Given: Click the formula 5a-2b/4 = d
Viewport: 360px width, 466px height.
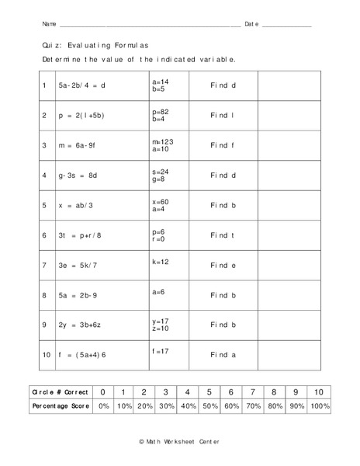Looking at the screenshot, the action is pyautogui.click(x=81, y=85).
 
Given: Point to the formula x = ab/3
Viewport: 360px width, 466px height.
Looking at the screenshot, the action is pyautogui.click(x=75, y=206).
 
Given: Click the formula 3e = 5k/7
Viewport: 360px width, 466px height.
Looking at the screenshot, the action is pyautogui.click(x=78, y=266).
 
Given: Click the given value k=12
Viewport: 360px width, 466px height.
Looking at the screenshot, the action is pyautogui.click(x=161, y=262).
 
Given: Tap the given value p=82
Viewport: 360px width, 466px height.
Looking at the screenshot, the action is pyautogui.click(x=160, y=111).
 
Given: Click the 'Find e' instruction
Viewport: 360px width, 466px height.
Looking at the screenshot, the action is pyautogui.click(x=223, y=266).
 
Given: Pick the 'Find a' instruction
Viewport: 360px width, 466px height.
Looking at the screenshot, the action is pyautogui.click(x=223, y=354).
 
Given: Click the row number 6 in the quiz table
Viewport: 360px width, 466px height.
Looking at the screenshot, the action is pyautogui.click(x=45, y=235).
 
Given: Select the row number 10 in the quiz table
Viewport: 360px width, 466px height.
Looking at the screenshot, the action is pyautogui.click(x=47, y=354).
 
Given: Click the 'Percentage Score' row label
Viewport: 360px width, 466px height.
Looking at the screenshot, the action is pyautogui.click(x=61, y=406).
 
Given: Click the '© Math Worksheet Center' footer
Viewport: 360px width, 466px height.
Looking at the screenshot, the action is pyautogui.click(x=179, y=441).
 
